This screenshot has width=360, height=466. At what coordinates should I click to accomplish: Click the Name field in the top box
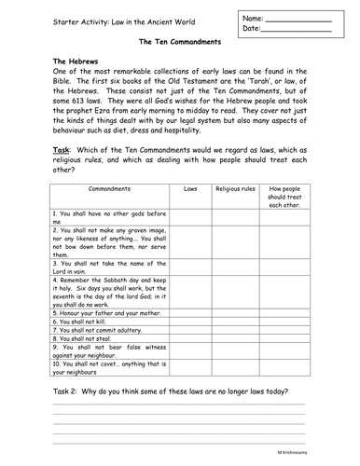pyautogui.click(x=298, y=19)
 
